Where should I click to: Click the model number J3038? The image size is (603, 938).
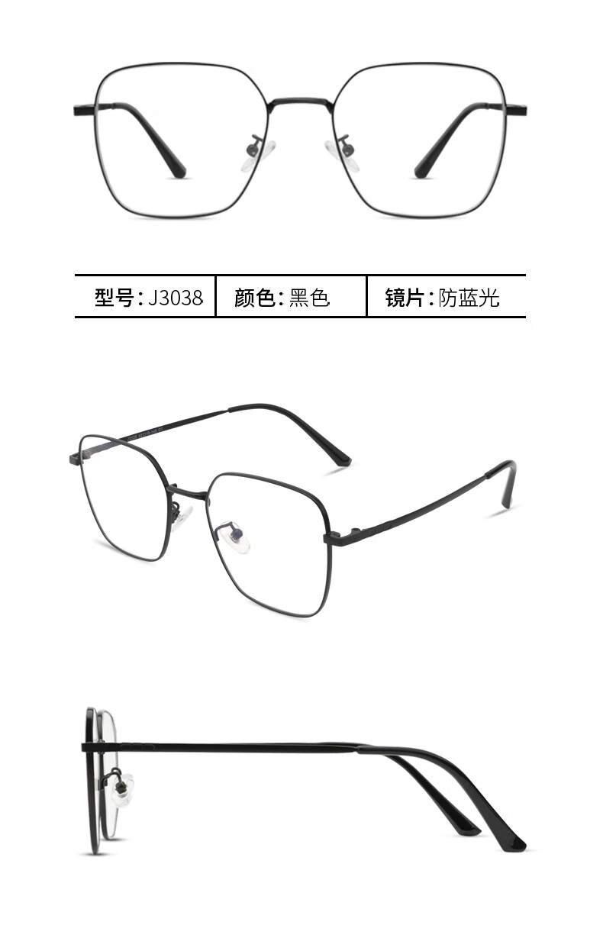[176, 298]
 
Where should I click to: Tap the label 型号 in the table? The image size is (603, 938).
[114, 298]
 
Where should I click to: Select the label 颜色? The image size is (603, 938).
[255, 298]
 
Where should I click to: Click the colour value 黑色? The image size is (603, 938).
[309, 298]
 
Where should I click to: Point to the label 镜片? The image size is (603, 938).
[405, 298]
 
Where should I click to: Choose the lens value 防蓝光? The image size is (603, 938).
[469, 298]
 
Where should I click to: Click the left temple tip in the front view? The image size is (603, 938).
[177, 170]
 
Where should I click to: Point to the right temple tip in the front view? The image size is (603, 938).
[422, 170]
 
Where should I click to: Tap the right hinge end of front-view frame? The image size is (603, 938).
[523, 110]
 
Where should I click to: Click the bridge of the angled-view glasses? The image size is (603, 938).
[187, 492]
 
